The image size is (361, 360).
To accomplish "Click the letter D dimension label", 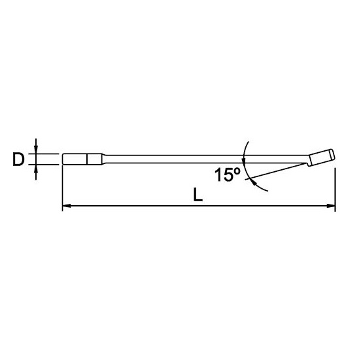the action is tap(18, 159).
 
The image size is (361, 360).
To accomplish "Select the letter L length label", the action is tap(198, 195).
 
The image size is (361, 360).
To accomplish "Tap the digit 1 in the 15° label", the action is tap(218, 175).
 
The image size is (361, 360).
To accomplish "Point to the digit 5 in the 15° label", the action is tap(226, 175).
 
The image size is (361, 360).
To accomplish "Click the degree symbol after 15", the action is tap(237, 171).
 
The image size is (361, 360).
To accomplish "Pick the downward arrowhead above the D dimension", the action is tap(36, 150).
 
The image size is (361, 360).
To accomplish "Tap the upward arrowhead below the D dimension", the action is tap(36, 169).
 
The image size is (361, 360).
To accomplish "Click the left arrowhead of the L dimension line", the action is tap(67, 205).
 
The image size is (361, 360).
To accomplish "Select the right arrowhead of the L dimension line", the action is tap(331, 205).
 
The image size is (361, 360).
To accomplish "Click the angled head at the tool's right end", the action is tap(322, 157).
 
